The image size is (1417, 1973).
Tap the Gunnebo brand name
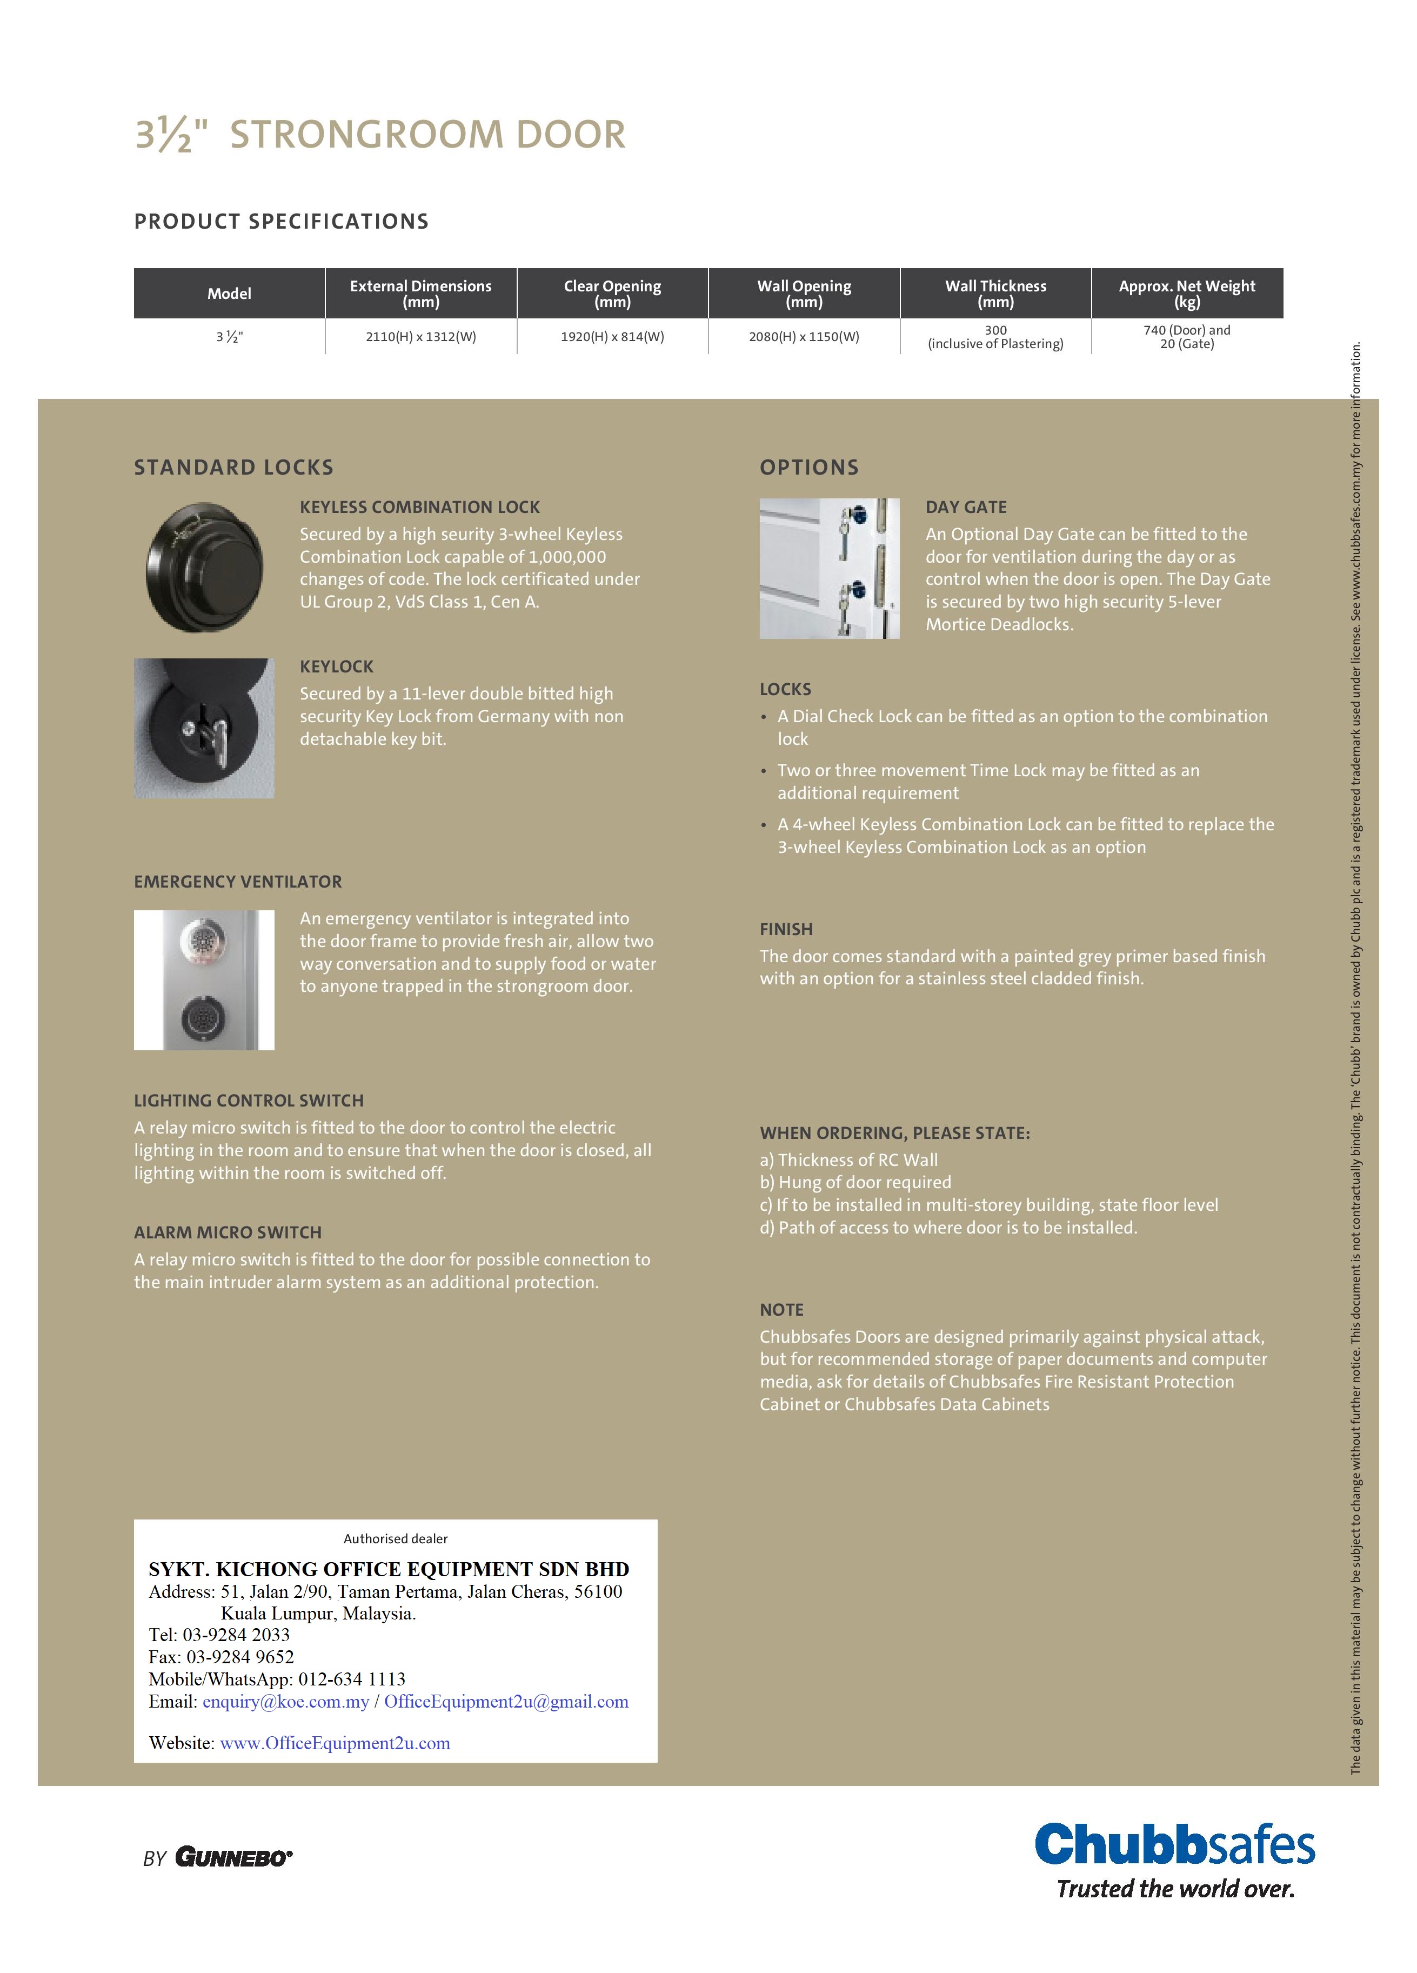pyautogui.click(x=233, y=1857)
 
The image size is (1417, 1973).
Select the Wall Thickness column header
pyautogui.click(x=995, y=293)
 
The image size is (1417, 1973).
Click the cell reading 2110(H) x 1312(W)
pyautogui.click(x=421, y=337)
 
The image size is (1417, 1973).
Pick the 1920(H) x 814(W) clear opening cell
pyautogui.click(x=612, y=337)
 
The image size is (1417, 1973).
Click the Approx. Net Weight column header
pyautogui.click(x=1186, y=293)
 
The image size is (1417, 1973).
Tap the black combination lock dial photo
pyautogui.click(x=204, y=566)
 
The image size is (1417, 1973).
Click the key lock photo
pyautogui.click(x=204, y=728)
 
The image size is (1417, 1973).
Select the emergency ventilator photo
pyautogui.click(x=204, y=979)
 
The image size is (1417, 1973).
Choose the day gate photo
pyautogui.click(x=829, y=568)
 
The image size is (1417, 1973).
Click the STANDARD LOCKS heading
pyautogui.click(x=233, y=467)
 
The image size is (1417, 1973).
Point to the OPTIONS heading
pyautogui.click(x=809, y=467)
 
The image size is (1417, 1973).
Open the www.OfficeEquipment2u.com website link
pyautogui.click(x=335, y=1743)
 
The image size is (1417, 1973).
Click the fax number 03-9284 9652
pyautogui.click(x=240, y=1656)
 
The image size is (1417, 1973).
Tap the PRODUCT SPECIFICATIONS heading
pyautogui.click(x=281, y=221)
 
